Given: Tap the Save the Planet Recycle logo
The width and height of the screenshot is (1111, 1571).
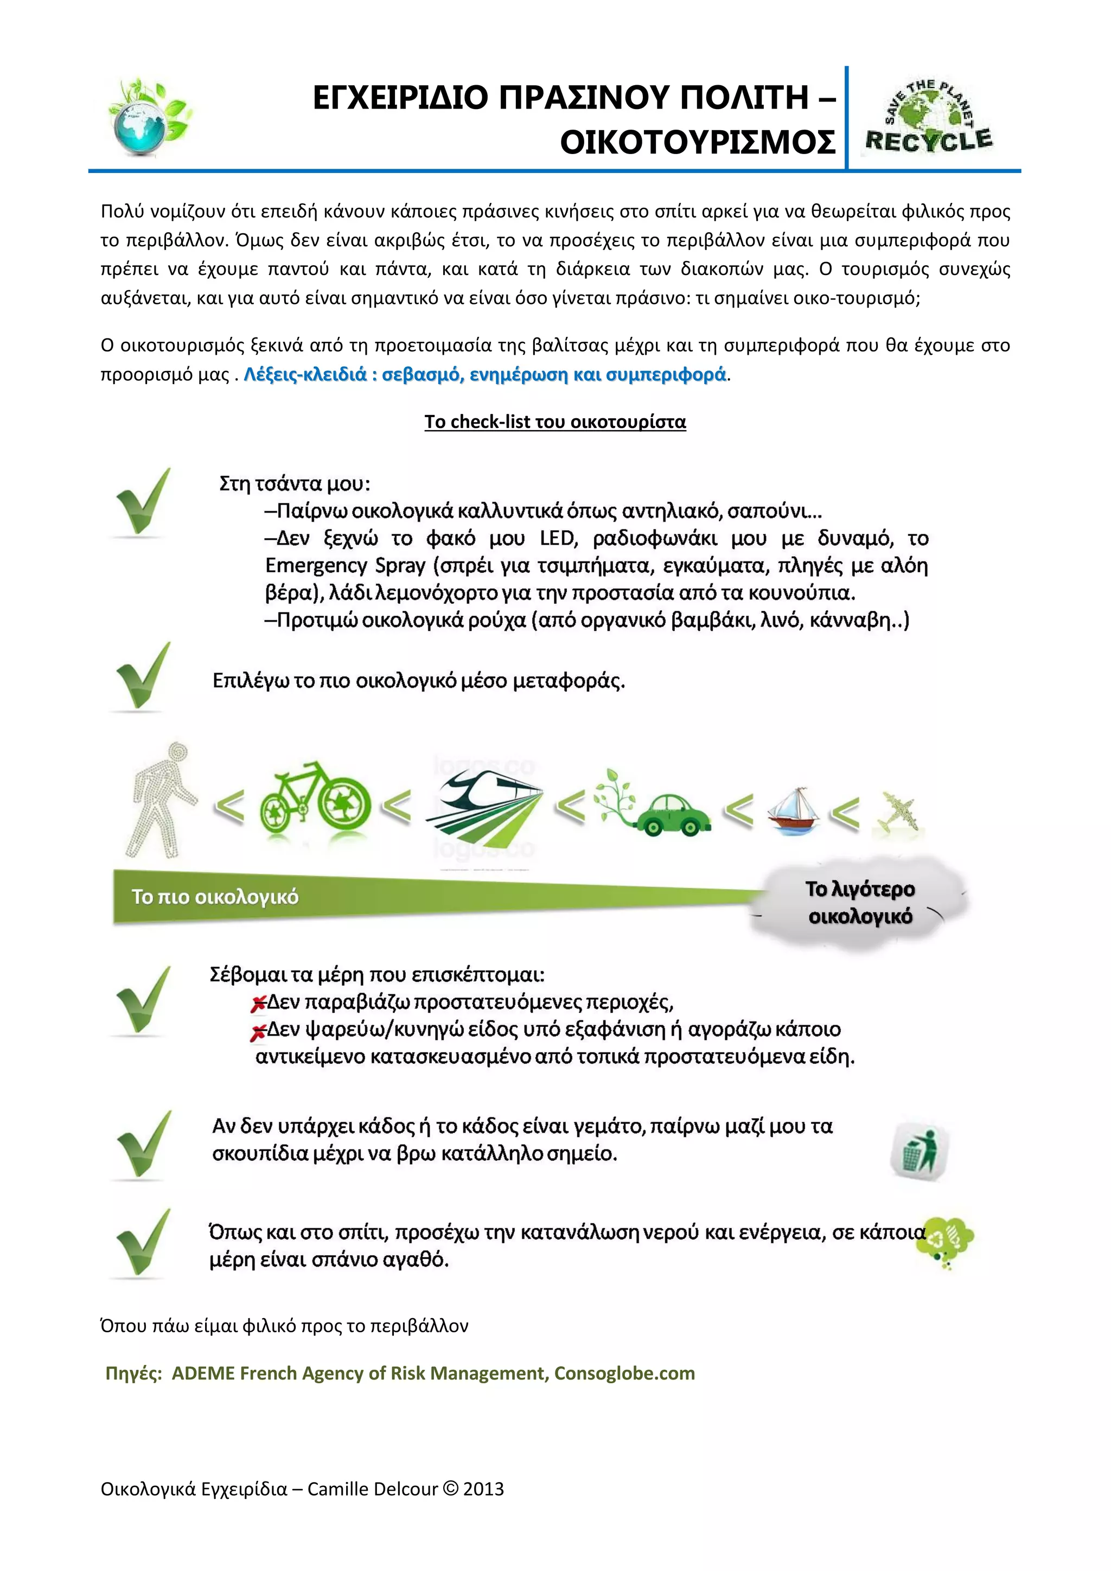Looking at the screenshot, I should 928,118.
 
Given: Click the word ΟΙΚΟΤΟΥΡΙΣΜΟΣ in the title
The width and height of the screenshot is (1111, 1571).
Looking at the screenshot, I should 697,142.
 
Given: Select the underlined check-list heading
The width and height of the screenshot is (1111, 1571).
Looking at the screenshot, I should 555,422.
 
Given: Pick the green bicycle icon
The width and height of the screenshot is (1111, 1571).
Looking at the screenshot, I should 315,799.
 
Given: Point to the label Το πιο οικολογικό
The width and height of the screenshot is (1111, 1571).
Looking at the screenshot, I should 215,897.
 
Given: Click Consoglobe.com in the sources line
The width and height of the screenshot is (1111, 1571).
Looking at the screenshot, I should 624,1373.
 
